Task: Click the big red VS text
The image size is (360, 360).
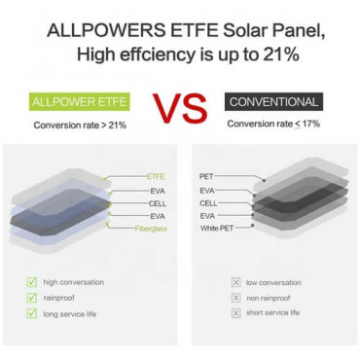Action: coord(180,109)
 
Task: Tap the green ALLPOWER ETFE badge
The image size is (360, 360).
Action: coord(81,101)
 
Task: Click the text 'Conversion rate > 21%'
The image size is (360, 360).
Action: coord(80,126)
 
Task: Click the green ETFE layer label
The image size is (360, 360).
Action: coord(156,176)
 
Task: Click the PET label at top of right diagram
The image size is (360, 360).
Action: coord(206,176)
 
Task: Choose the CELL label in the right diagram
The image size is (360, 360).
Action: coord(208,202)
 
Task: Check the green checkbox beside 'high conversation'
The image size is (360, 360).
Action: coord(32,282)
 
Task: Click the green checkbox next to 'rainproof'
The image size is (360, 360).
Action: coord(32,298)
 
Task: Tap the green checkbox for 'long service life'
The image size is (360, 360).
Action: coord(32,313)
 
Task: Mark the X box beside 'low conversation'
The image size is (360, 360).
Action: coord(235,282)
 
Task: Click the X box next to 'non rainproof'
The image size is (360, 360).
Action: coord(235,298)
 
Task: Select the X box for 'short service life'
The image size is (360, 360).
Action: coord(235,313)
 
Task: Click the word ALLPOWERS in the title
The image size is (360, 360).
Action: coord(96,31)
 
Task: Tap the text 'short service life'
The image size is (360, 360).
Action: coord(273,313)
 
